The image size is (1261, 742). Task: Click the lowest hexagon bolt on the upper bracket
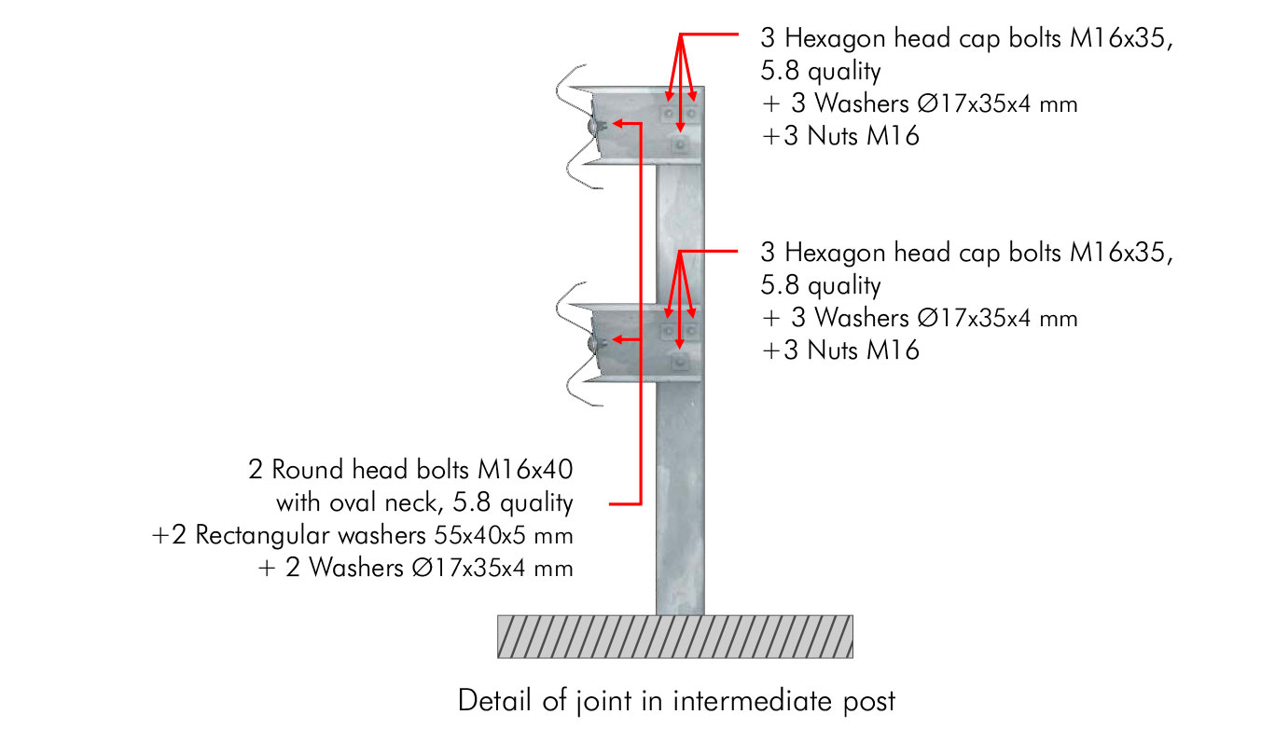tap(680, 145)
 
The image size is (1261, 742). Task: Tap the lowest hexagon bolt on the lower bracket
tap(680, 362)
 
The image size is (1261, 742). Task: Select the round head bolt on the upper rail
tap(594, 126)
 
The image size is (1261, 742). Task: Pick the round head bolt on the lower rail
tap(594, 343)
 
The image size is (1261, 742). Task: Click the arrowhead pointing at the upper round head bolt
tap(618, 123)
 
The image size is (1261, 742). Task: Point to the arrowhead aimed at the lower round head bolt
tap(618, 340)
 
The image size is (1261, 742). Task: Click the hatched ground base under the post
tap(675, 637)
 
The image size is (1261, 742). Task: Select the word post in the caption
tap(869, 702)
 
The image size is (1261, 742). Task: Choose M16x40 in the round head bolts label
tap(525, 469)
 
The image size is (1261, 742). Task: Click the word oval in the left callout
tap(353, 502)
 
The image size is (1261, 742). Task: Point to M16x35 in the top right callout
tap(1121, 38)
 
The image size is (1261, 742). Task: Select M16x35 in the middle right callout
tap(1121, 253)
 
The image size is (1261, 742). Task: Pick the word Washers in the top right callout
tap(862, 103)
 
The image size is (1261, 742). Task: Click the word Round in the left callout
tap(308, 470)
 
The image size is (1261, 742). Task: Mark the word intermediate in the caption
tap(753, 701)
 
